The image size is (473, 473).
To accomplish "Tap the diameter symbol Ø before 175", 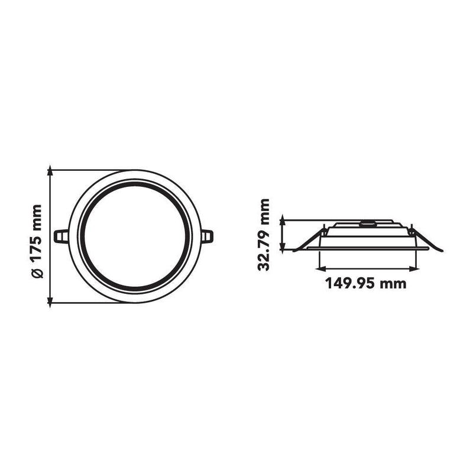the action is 37,273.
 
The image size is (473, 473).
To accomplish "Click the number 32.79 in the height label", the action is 263,251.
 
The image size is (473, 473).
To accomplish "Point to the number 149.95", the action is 350,283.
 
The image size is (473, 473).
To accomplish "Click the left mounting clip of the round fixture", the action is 61,236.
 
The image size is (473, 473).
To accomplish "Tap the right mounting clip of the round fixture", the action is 208,236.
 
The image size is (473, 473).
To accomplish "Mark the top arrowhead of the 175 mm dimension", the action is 50,170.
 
